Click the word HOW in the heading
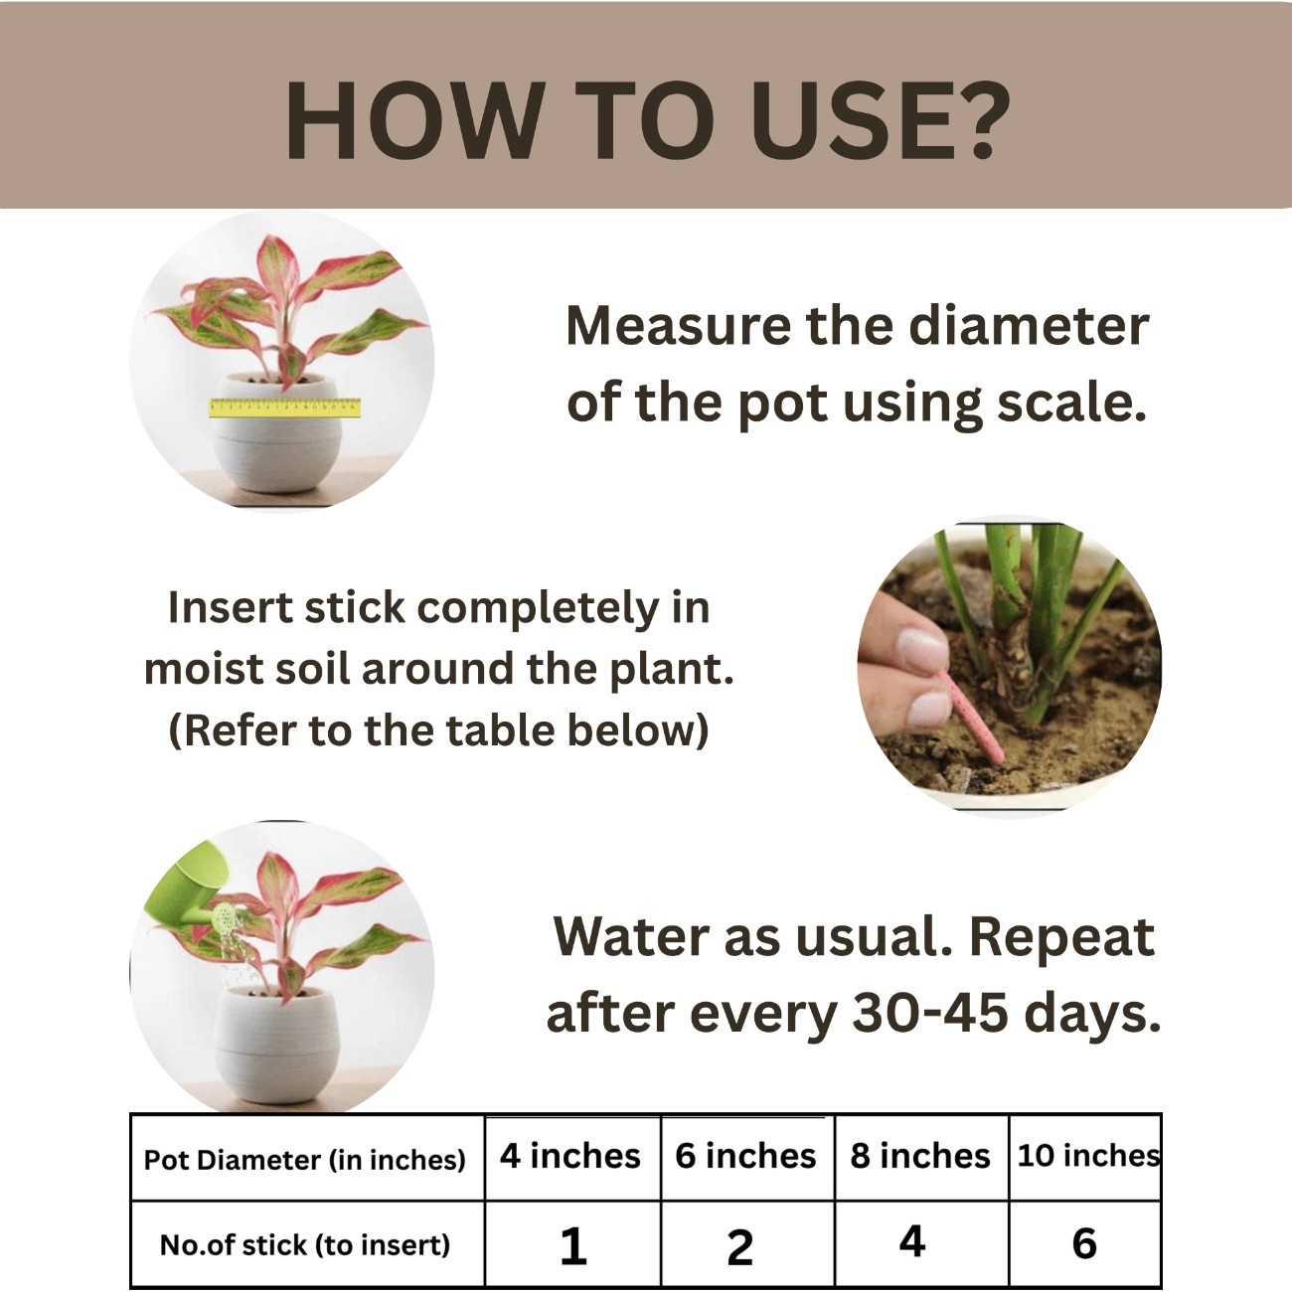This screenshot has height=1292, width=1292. [415, 121]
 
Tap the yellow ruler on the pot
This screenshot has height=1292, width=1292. [285, 406]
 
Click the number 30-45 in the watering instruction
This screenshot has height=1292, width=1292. [930, 1013]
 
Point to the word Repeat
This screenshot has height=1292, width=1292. [1062, 936]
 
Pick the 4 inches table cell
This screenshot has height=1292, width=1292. [570, 1158]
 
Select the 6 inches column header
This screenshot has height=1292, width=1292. [746, 1158]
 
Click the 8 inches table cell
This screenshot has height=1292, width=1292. [920, 1158]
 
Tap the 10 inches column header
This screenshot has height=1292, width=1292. [1085, 1158]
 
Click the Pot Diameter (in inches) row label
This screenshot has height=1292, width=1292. [304, 1161]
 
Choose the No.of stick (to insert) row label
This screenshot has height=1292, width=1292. [305, 1245]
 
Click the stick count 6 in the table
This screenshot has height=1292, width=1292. [1085, 1243]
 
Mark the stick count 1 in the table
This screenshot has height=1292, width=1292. [573, 1246]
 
